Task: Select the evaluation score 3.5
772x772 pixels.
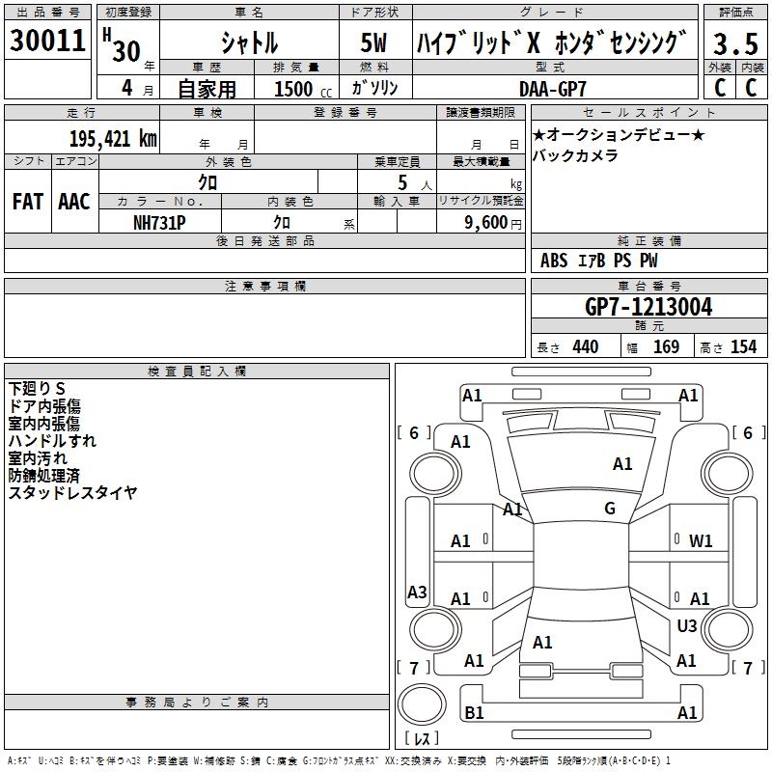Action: [735, 43]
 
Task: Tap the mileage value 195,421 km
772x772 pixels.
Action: [113, 138]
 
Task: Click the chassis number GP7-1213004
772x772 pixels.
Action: [648, 307]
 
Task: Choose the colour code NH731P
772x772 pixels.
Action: [159, 221]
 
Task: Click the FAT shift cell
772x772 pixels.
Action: [27, 202]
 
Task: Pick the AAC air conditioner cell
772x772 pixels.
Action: [74, 202]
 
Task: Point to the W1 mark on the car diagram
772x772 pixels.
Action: [701, 541]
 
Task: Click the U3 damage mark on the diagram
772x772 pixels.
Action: [687, 626]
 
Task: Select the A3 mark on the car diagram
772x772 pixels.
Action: [417, 593]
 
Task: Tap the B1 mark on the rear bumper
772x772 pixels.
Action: [474, 713]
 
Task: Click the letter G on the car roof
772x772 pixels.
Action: [610, 509]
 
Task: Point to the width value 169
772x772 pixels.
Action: [667, 346]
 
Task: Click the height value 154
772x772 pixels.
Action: [743, 346]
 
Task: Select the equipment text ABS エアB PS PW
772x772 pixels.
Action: [599, 261]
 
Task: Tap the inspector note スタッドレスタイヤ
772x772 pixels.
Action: [72, 492]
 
